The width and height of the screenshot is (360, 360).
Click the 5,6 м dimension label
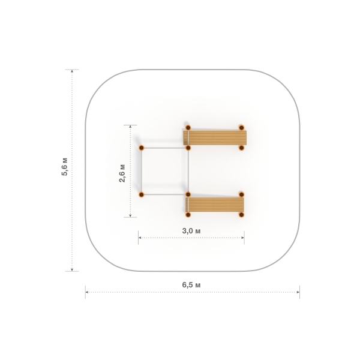click(65, 167)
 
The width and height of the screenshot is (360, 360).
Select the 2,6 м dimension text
click(122, 173)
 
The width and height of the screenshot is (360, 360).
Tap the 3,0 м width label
click(191, 231)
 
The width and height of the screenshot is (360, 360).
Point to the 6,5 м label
click(191, 285)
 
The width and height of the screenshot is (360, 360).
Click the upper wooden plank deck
click(215, 138)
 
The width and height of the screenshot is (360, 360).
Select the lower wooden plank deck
click(215, 205)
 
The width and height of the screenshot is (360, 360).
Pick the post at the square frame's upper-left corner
click(142, 148)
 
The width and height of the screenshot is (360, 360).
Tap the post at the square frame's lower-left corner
click(142, 194)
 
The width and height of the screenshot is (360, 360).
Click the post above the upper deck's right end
click(241, 128)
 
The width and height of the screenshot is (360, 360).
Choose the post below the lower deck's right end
click(241, 215)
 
